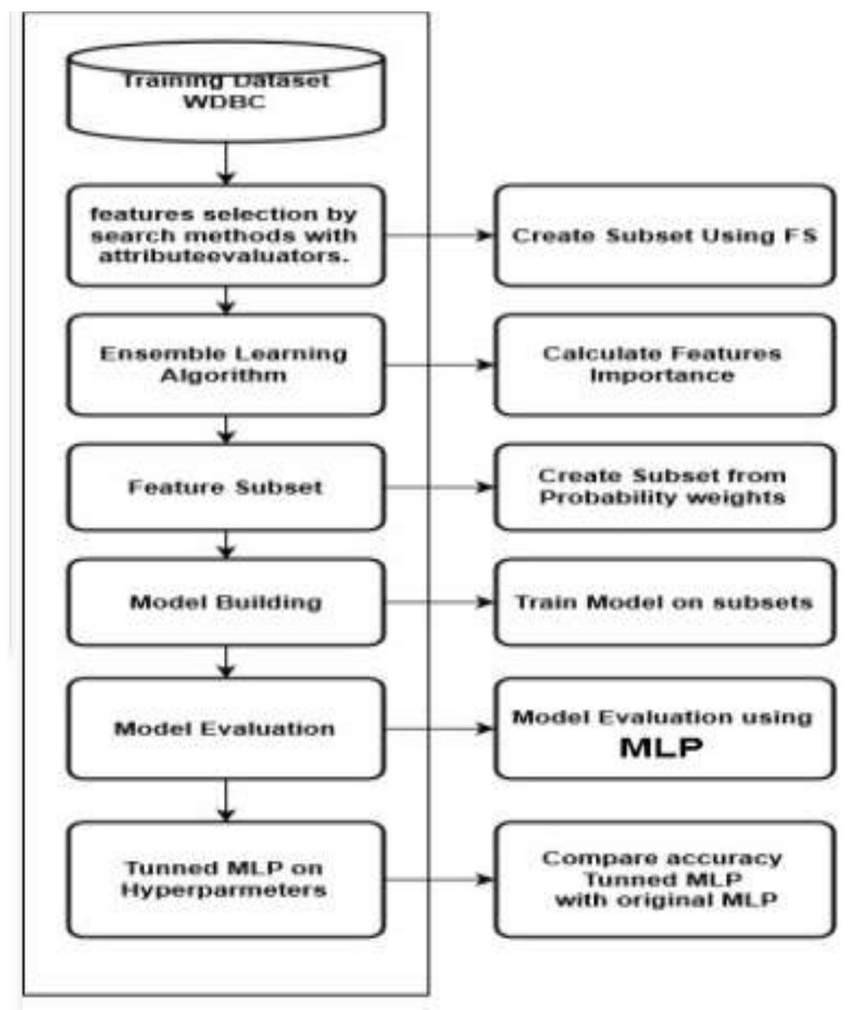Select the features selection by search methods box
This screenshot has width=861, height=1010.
225,235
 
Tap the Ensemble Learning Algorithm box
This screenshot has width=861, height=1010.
225,364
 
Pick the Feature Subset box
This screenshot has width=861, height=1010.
225,488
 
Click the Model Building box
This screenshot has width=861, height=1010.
225,603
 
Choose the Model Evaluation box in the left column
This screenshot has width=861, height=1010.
225,729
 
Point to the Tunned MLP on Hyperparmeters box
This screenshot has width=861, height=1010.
225,879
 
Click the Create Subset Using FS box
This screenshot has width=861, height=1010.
664,235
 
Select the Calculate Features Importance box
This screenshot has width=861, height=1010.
664,364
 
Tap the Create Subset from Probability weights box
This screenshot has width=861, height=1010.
664,488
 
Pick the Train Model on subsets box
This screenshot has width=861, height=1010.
664,603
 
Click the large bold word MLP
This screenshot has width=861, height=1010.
661,748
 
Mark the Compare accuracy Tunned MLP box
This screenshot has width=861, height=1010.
664,879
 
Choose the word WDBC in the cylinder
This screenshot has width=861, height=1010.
225,103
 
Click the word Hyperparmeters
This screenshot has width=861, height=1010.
225,890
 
